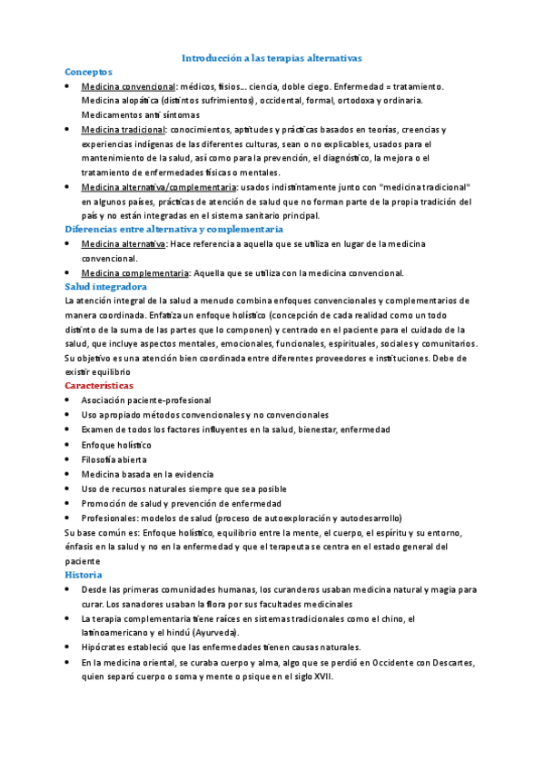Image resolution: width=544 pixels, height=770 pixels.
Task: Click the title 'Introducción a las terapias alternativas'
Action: (x=272, y=57)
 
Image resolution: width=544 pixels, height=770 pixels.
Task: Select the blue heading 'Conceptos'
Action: (x=88, y=70)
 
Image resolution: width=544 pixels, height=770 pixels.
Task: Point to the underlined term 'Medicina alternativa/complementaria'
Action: (x=158, y=187)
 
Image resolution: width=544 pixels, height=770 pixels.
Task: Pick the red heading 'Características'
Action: (x=105, y=386)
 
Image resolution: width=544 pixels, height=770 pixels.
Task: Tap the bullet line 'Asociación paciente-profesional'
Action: (x=145, y=400)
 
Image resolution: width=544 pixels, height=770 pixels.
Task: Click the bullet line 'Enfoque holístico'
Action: (x=116, y=445)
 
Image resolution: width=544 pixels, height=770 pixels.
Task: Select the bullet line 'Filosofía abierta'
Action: (x=114, y=459)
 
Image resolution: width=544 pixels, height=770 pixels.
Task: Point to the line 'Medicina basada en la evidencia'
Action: (x=147, y=474)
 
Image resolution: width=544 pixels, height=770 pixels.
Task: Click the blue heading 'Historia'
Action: (x=84, y=575)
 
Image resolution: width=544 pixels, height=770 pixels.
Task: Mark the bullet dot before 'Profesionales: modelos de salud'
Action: (x=70, y=518)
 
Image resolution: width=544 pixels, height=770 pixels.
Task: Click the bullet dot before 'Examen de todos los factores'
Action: (x=70, y=429)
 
